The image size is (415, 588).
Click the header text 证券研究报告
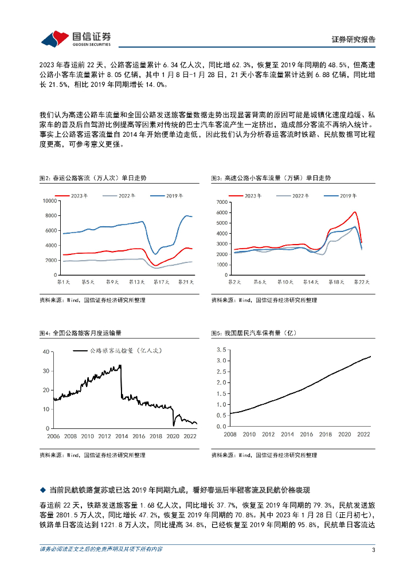pos(354,40)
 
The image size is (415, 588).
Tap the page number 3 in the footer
pos(373,550)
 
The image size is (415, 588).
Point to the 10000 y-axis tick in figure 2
pos(48,201)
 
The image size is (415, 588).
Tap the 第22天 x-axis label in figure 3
pos(362,282)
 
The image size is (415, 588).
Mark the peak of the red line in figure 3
pos(355,212)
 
